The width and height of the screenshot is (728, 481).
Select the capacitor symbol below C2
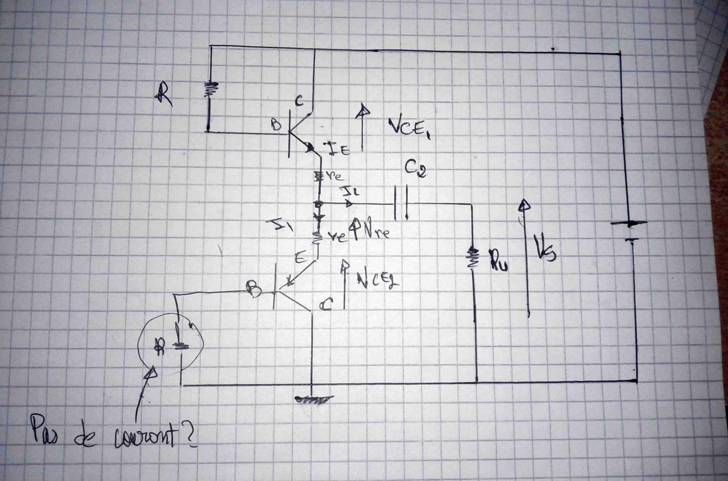(x=401, y=203)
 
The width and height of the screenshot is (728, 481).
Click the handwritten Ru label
(x=499, y=260)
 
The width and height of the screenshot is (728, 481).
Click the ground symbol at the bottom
(x=313, y=399)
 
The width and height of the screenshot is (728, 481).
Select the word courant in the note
(x=146, y=437)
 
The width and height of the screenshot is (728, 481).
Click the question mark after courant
(x=190, y=436)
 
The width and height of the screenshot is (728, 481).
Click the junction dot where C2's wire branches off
(x=319, y=204)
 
